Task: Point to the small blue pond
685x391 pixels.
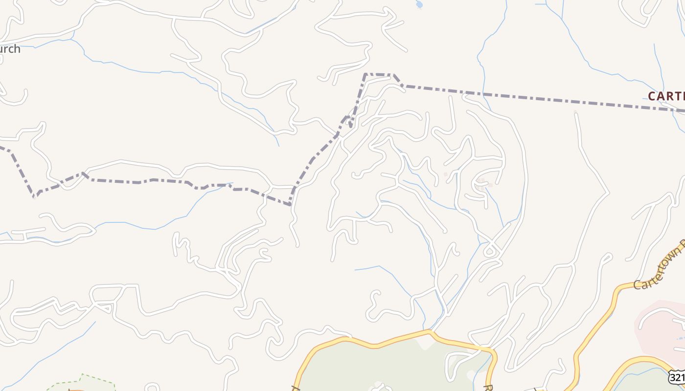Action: [419, 5]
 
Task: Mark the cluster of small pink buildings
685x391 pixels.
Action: [483, 184]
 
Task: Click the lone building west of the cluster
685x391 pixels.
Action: [445, 174]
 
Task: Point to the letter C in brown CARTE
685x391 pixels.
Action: [652, 96]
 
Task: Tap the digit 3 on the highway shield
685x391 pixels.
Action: [673, 378]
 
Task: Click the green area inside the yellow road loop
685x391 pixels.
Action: [382, 367]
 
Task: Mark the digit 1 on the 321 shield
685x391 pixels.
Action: [682, 378]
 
